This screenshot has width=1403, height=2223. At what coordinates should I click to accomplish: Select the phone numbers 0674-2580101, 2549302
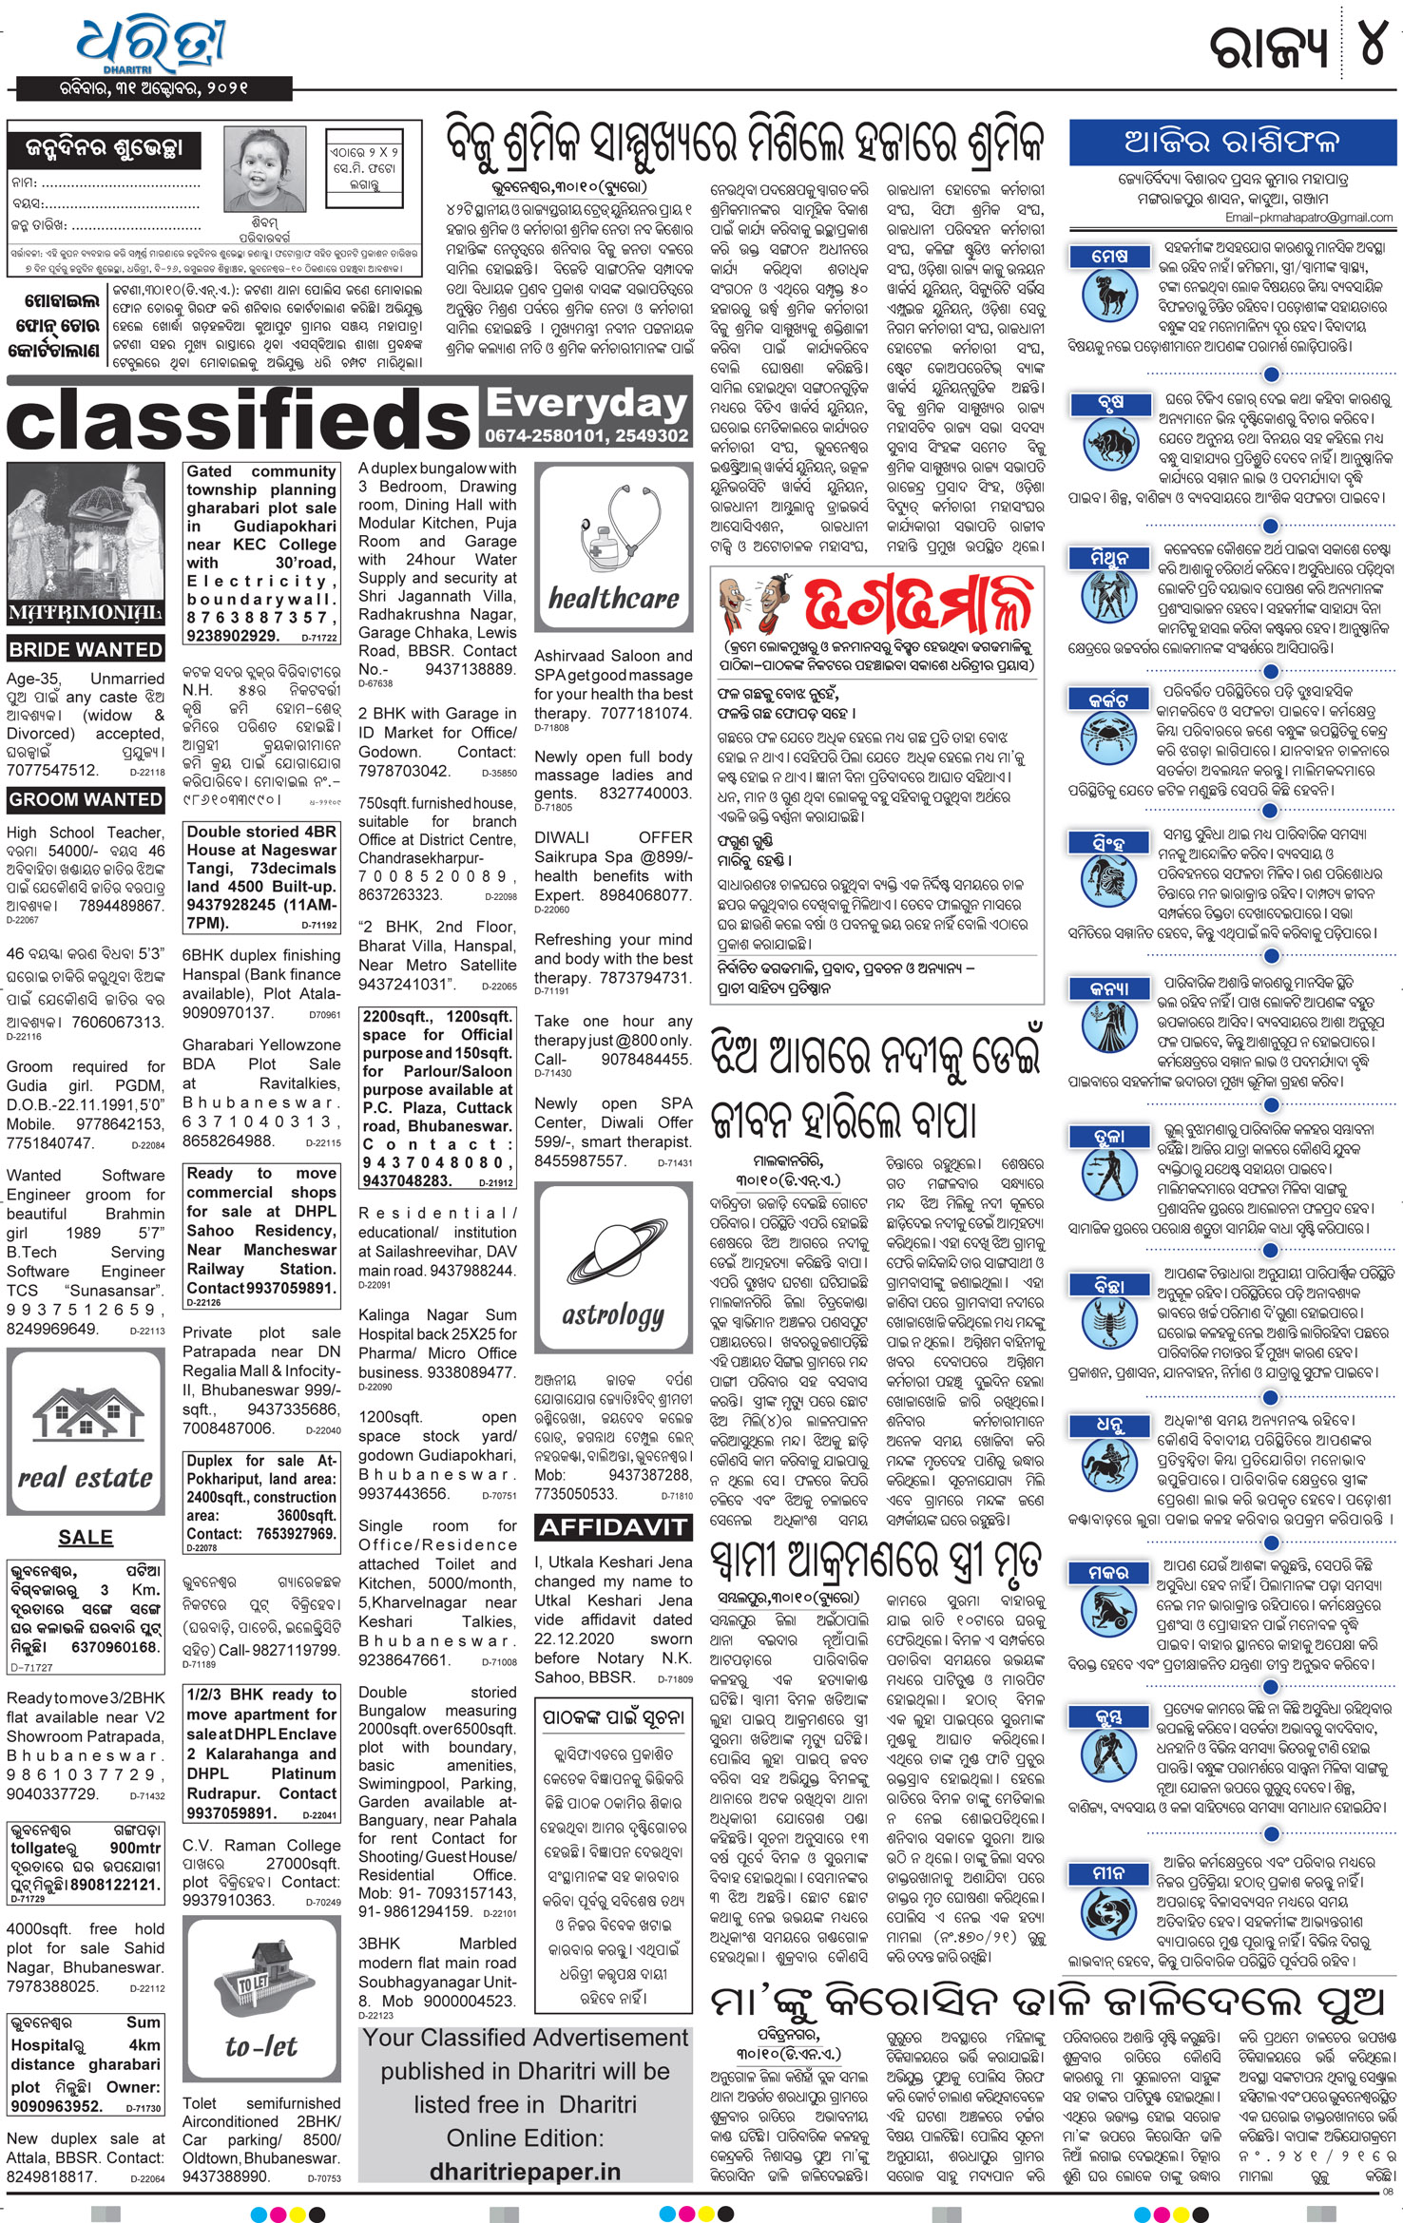(x=586, y=436)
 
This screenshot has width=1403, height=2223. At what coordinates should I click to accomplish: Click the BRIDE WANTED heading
(x=86, y=650)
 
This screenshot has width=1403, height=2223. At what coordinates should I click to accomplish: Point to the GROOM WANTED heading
(x=86, y=799)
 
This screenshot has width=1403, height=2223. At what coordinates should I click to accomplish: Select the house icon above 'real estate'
(x=85, y=1410)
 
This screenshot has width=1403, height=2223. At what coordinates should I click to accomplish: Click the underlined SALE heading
(x=86, y=1537)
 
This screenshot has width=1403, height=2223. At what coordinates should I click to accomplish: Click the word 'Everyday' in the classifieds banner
(x=586, y=404)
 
